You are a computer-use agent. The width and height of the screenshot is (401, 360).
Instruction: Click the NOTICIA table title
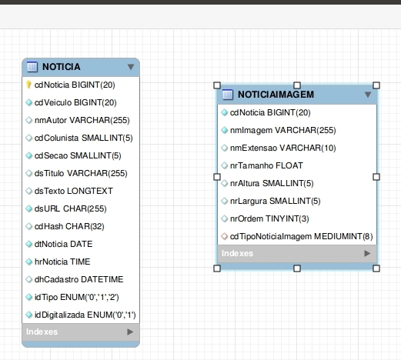pos(62,67)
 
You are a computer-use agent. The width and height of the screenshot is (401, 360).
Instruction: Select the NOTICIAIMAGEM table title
pos(276,95)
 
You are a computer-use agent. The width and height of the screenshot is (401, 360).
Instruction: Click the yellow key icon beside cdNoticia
pos(28,85)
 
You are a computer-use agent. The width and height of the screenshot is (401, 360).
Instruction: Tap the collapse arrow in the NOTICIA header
pos(131,67)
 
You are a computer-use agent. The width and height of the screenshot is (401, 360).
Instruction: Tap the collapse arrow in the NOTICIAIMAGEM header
pos(368,95)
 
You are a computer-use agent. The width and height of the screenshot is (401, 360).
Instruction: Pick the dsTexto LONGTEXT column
pos(74,191)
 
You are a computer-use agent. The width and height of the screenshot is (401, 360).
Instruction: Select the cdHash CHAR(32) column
pos(69,226)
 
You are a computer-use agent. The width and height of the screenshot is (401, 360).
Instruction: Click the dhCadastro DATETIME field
pos(79,279)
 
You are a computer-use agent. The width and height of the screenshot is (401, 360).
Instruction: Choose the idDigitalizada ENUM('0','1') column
pos(85,315)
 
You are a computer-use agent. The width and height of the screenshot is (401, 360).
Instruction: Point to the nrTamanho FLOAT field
pos(266,165)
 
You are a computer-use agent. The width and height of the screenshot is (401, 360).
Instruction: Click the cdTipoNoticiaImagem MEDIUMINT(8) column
pos(301,236)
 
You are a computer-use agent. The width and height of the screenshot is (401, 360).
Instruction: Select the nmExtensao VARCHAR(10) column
pos(282,148)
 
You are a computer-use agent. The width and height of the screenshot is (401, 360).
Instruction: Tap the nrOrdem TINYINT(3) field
pos(269,218)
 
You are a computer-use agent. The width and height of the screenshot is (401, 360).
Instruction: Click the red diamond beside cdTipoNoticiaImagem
pos(225,236)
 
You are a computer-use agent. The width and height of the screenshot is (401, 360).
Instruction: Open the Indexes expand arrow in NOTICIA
pos(130,332)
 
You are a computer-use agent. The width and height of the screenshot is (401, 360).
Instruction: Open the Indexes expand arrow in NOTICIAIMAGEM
pos(367,254)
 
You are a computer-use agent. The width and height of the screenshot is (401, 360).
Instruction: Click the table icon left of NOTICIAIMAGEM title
pos(228,95)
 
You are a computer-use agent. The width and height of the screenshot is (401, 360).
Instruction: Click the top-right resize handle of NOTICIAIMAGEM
pos(376,85)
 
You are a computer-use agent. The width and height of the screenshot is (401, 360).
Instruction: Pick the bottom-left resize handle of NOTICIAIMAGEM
pos(217,268)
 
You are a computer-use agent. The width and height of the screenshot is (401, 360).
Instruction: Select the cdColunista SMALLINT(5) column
pos(83,138)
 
